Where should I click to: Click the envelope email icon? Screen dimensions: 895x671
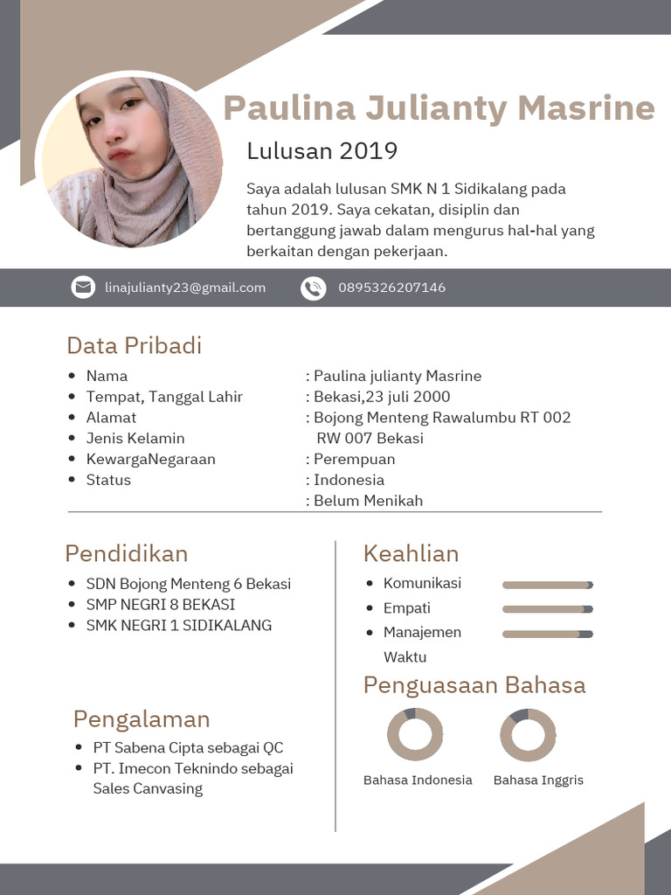coord(83,288)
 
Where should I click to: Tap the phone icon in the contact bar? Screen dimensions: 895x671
coord(313,288)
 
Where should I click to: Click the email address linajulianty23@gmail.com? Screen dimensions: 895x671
coord(185,288)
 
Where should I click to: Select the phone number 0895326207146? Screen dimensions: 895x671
coord(391,288)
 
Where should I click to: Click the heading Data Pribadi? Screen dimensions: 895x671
coord(134,345)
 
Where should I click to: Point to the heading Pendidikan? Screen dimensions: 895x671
coord(126,553)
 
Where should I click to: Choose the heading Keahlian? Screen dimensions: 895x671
coord(411,553)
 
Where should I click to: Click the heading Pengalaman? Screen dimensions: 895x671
coord(142,719)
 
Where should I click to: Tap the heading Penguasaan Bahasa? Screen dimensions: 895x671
coord(474,684)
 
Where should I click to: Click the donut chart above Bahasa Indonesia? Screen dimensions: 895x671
coord(415,735)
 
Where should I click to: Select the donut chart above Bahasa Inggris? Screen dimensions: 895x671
coord(528,735)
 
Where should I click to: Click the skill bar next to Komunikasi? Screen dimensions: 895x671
coord(548,585)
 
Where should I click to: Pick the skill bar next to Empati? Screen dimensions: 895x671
coord(548,609)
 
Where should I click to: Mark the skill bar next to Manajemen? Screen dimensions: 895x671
coord(548,634)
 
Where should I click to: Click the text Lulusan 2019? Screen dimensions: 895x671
coord(322,151)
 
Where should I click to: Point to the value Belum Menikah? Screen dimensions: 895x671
coord(368,501)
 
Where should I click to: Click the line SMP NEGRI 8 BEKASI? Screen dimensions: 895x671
coord(160,604)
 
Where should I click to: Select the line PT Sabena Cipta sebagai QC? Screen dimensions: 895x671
coord(188,747)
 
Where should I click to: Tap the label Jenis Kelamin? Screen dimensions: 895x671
coord(135,438)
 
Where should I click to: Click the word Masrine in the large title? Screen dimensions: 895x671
coord(585,108)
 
